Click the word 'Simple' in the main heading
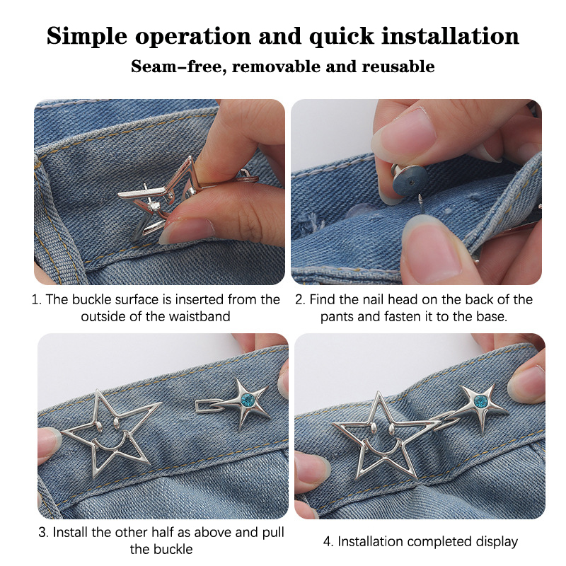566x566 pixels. pos(87,37)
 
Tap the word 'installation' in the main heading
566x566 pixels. pos(450,36)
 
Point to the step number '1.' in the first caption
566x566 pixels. pos(37,299)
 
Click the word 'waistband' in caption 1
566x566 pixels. pos(200,316)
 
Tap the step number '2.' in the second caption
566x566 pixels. pos(300,299)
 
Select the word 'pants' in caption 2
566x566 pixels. pos(337,317)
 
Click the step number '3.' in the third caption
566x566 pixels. pos(44,533)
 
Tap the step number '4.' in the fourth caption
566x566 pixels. pos(328,541)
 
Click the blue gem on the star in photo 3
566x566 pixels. pos(248,400)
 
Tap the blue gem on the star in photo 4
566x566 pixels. pos(480,401)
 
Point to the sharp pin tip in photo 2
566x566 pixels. pos(420,196)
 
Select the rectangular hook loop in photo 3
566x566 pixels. pos(210,405)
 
